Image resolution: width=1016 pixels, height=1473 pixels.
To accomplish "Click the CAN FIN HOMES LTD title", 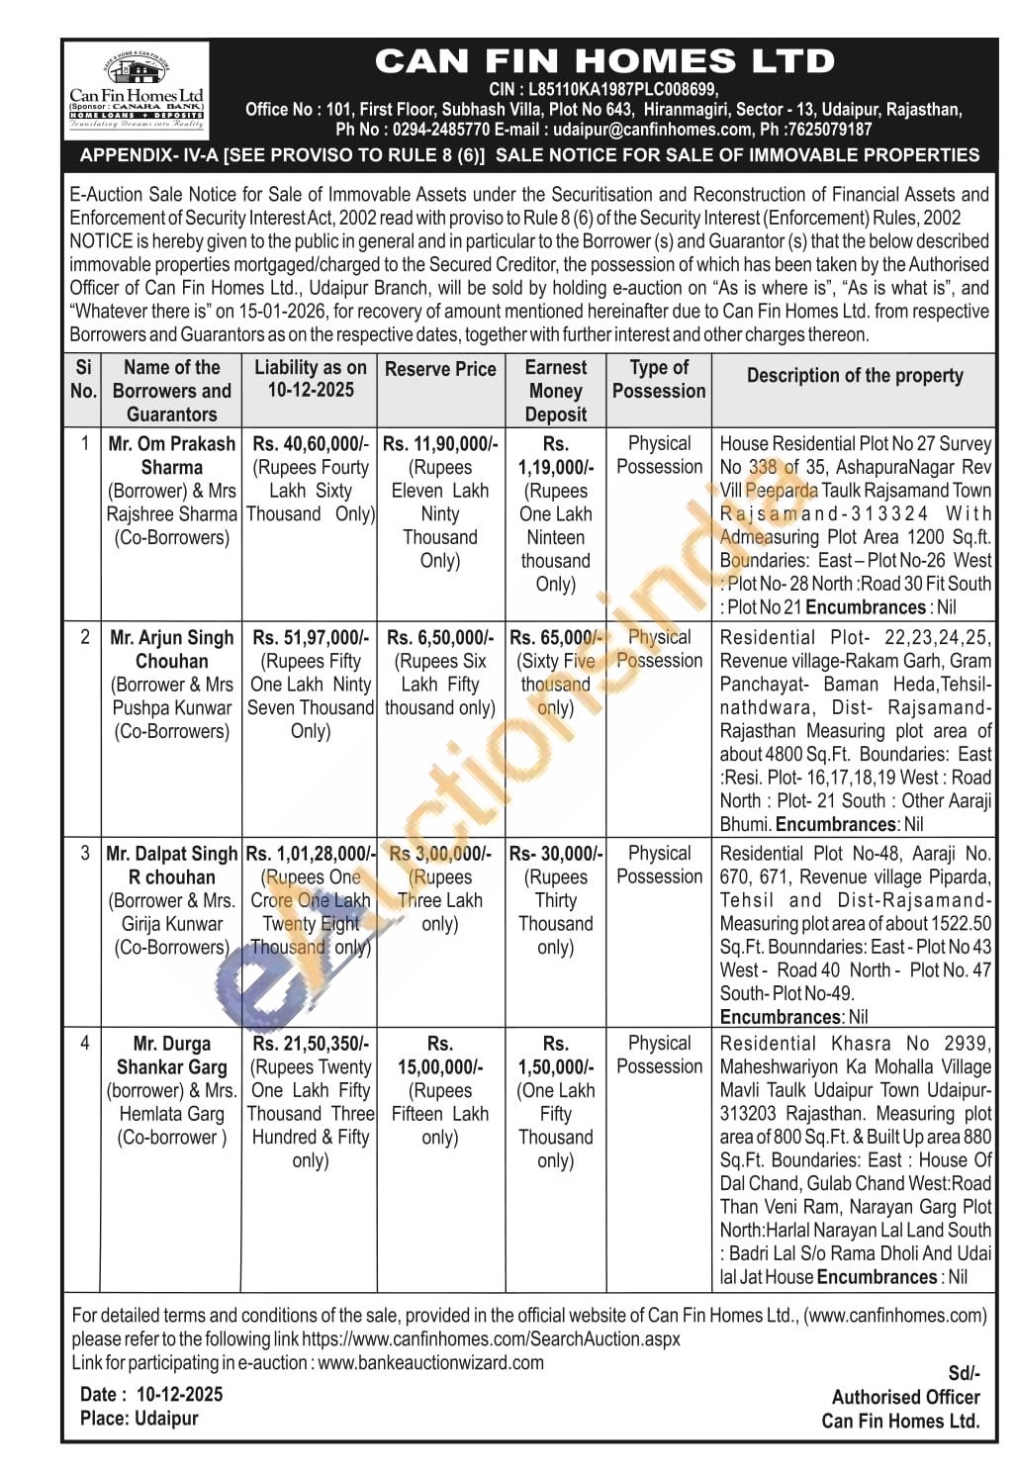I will [604, 61].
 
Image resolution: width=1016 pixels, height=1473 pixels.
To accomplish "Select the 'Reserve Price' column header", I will [440, 369].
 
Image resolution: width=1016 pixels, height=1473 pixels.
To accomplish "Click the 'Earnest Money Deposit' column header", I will [555, 391].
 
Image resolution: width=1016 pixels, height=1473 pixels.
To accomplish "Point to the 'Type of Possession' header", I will [659, 379].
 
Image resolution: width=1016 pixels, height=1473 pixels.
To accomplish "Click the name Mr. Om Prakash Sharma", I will [172, 455].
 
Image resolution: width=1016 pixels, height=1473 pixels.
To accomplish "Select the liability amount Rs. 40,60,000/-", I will [311, 444].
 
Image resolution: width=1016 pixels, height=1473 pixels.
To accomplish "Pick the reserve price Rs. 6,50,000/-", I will [440, 638].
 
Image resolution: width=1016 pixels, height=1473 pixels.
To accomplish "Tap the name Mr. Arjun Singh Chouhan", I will [172, 649].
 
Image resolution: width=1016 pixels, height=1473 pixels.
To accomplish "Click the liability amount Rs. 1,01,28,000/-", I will [311, 854].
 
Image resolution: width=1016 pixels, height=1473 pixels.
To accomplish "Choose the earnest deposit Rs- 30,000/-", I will [555, 854].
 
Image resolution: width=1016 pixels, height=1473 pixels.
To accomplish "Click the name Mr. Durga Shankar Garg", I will [172, 1056].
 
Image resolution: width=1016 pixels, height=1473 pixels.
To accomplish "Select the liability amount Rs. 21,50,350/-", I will [311, 1044].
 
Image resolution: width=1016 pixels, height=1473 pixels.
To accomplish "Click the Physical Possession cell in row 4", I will [659, 1055].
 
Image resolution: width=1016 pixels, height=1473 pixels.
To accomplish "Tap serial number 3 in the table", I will [84, 853].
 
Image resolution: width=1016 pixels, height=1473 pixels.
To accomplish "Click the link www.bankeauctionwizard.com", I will [431, 1362].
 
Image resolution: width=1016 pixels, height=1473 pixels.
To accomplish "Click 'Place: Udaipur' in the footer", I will [139, 1418].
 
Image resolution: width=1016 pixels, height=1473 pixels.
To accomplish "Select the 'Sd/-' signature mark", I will [963, 1373].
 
